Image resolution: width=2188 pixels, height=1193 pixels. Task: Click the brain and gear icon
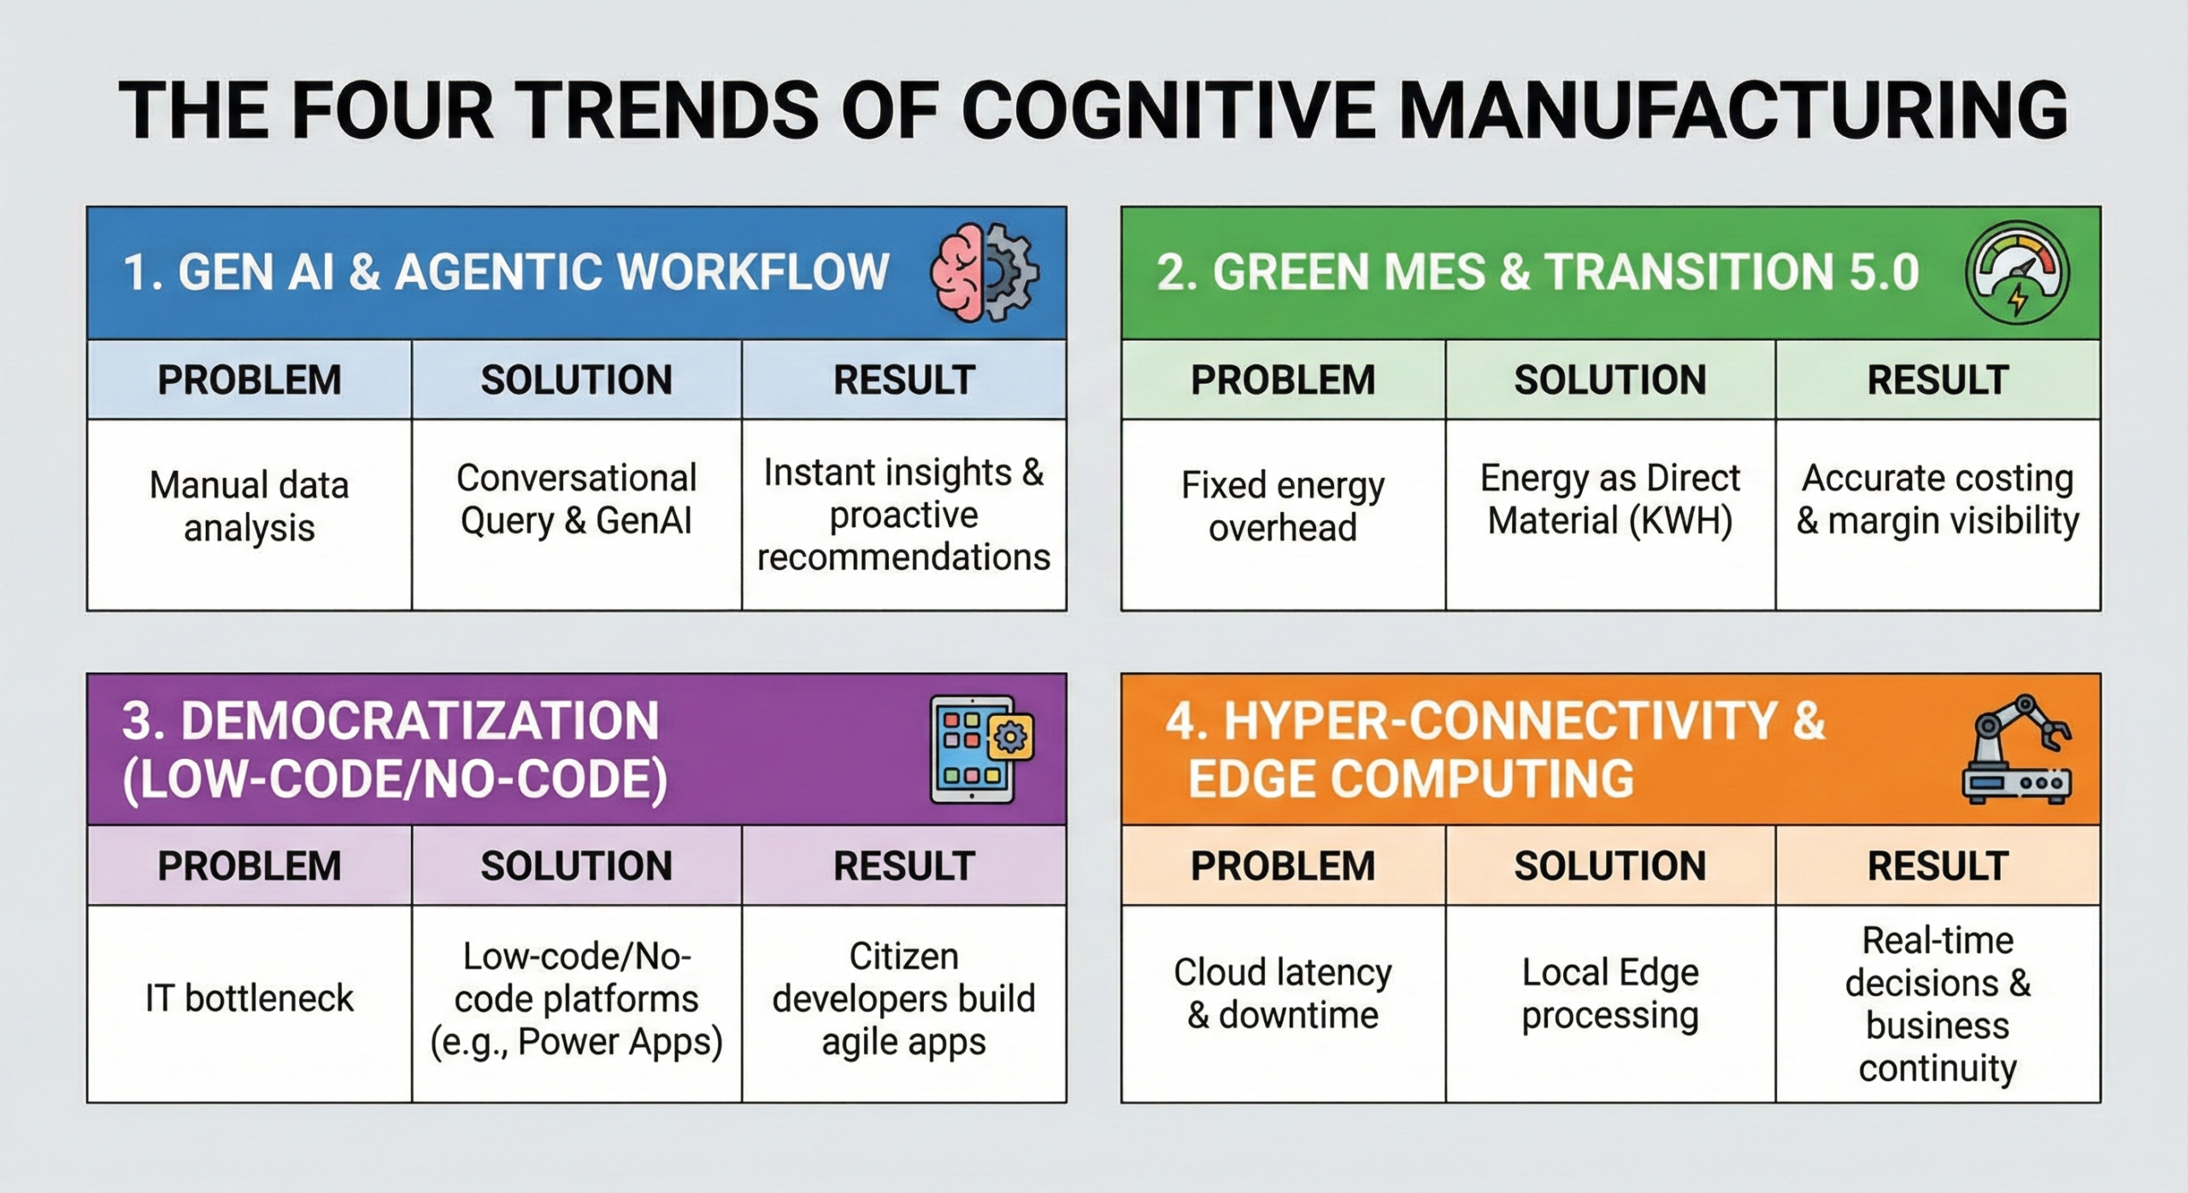tap(985, 273)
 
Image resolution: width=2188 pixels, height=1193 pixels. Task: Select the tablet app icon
tap(982, 749)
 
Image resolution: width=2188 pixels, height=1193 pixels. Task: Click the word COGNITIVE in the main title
tap(1168, 110)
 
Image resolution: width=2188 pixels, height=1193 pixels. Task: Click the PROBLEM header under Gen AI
tap(250, 380)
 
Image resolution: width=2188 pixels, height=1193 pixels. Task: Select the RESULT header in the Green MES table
tap(1938, 380)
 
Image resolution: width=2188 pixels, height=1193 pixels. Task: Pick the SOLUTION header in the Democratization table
tap(577, 867)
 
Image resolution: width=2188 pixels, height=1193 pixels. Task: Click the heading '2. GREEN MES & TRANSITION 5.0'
tap(1538, 272)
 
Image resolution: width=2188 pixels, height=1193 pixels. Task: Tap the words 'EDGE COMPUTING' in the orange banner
tap(1410, 779)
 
